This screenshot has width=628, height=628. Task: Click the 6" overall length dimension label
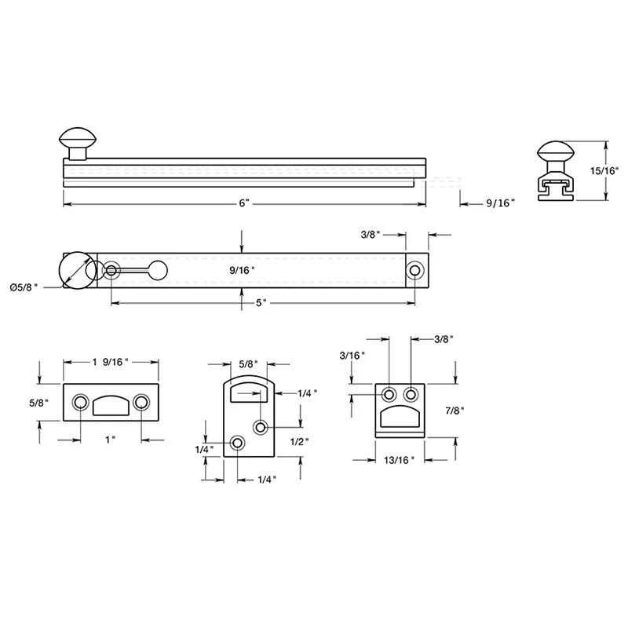244,203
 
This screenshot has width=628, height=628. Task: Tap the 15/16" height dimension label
604,170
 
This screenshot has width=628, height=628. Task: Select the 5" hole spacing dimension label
261,303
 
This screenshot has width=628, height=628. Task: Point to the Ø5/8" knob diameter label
24,287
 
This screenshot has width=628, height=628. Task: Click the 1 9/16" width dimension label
110,362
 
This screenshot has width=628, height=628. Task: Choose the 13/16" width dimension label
399,460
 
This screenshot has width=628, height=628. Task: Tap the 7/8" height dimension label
455,411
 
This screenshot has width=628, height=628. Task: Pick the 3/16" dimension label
352,356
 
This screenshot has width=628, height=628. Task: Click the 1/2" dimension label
300,442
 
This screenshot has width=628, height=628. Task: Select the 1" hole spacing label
110,440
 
